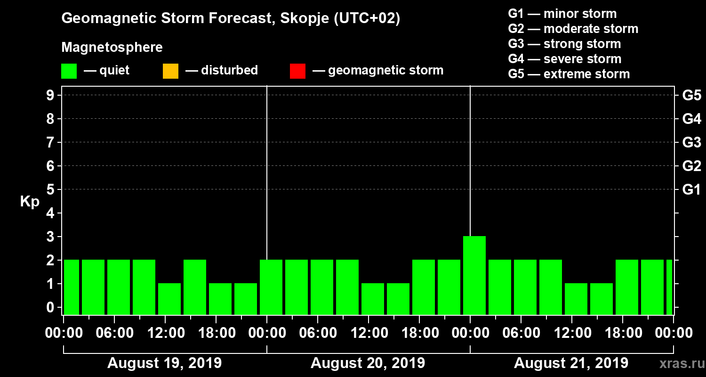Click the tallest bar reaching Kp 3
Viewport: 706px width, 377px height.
tap(474, 275)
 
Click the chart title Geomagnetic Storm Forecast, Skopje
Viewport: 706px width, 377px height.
tap(230, 18)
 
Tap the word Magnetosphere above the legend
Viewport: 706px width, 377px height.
tap(112, 48)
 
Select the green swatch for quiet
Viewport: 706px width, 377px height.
tap(69, 71)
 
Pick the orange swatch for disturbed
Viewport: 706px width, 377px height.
tap(170, 71)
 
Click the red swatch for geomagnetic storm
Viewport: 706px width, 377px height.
tap(297, 71)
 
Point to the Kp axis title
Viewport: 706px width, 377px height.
tap(30, 202)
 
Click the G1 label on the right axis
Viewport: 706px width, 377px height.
tap(691, 190)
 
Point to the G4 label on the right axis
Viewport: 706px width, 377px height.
tap(691, 119)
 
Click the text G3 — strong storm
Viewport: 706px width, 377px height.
tap(564, 44)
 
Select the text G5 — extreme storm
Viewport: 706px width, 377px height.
tap(569, 74)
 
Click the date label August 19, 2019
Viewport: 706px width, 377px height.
tap(164, 363)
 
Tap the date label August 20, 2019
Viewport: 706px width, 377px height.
tap(368, 363)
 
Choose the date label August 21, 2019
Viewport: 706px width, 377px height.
tap(570, 363)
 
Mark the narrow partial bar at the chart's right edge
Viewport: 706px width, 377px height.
tap(669, 287)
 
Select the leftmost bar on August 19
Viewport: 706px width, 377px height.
tap(72, 287)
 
